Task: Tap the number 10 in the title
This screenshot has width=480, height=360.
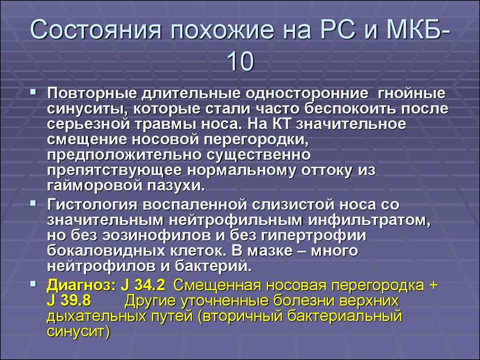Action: (240, 61)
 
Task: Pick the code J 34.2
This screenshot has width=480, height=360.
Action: (143, 285)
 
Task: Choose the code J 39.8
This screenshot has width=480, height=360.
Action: (69, 300)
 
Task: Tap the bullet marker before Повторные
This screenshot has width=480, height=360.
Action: (33, 91)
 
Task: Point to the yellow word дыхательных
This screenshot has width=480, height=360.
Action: (97, 316)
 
